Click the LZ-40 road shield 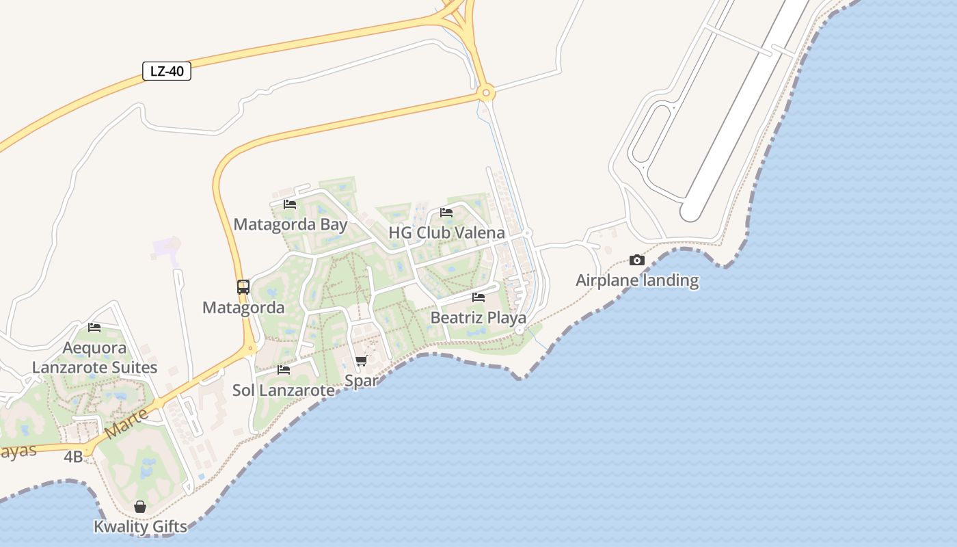(x=166, y=71)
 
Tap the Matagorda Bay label (x=291, y=224)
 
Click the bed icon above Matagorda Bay (x=290, y=204)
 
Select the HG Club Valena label (x=446, y=232)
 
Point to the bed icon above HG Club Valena (x=446, y=213)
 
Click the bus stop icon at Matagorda (x=243, y=287)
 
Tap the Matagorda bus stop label (x=243, y=308)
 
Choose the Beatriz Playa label (x=478, y=318)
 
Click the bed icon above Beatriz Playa (x=478, y=297)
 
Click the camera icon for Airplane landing (x=637, y=260)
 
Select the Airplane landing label (x=637, y=280)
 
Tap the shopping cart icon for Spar (x=362, y=360)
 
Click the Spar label (x=362, y=381)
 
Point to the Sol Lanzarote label (x=284, y=390)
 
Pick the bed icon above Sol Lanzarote (x=284, y=370)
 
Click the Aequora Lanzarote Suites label (x=94, y=358)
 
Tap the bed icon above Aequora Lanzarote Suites (x=94, y=328)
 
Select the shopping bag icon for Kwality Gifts (x=140, y=507)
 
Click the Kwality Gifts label (x=140, y=526)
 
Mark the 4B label (x=73, y=457)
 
